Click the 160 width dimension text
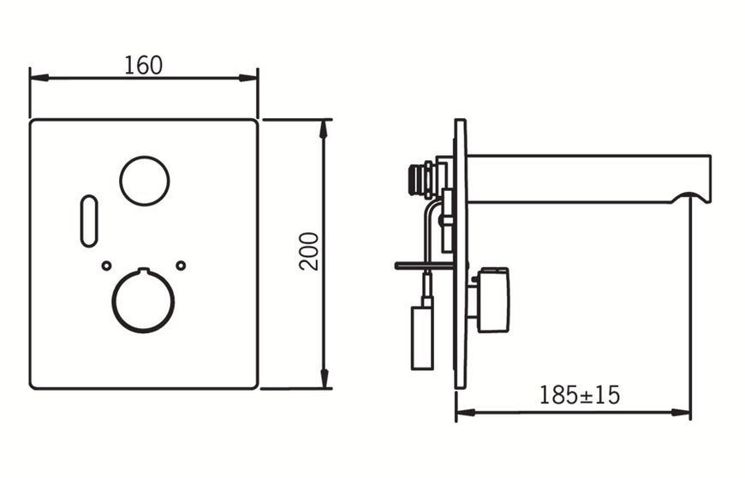[144, 66]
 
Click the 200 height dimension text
[309, 252]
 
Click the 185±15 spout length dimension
[580, 395]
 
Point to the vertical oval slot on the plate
[81, 221]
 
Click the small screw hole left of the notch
[106, 266]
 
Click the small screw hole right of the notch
[181, 266]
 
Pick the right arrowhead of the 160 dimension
[248, 78]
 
